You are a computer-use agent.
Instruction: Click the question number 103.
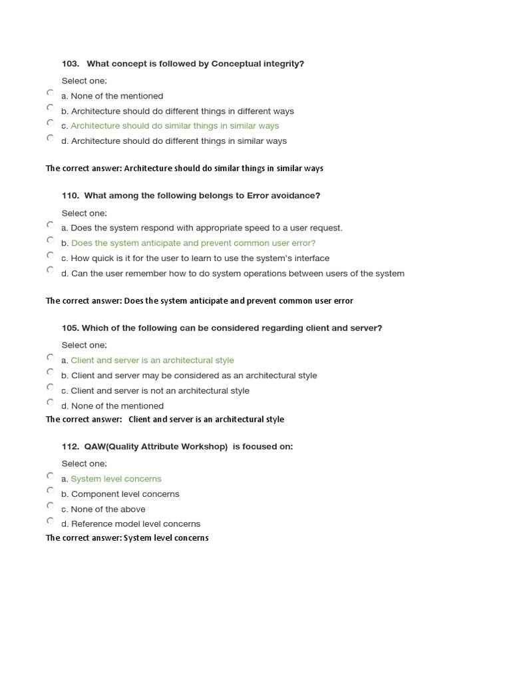(70, 64)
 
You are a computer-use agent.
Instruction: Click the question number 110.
(70, 196)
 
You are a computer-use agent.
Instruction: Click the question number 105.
(70, 328)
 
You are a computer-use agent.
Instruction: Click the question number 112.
(70, 447)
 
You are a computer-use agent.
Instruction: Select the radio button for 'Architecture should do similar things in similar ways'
(51, 123)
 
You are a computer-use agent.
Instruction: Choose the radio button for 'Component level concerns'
(51, 491)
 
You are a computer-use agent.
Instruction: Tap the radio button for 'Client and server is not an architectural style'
(51, 388)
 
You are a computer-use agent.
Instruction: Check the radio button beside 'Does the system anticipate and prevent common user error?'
(51, 240)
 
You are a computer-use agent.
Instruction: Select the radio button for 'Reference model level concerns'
(51, 521)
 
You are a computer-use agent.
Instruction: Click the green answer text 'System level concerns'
(116, 479)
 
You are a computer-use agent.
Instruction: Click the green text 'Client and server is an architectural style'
(152, 360)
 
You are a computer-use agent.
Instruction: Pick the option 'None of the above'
(108, 510)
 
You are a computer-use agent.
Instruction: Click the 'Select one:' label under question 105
(84, 345)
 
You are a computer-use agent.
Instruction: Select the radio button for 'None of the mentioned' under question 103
(51, 93)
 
